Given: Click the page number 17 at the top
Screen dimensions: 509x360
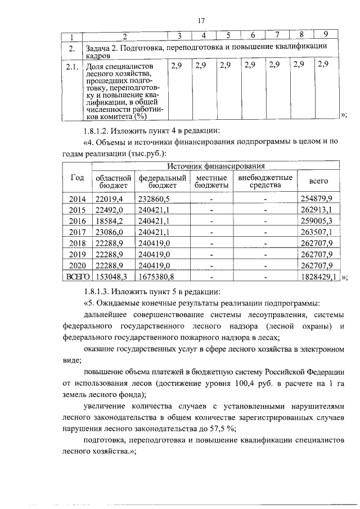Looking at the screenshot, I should (200, 21).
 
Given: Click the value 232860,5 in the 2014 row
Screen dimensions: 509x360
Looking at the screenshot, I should (154, 199).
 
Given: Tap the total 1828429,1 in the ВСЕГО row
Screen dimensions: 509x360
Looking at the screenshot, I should (318, 277).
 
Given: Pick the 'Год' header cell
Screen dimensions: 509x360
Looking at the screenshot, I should (77, 177).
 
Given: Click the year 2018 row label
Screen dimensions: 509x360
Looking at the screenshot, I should (77, 243).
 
